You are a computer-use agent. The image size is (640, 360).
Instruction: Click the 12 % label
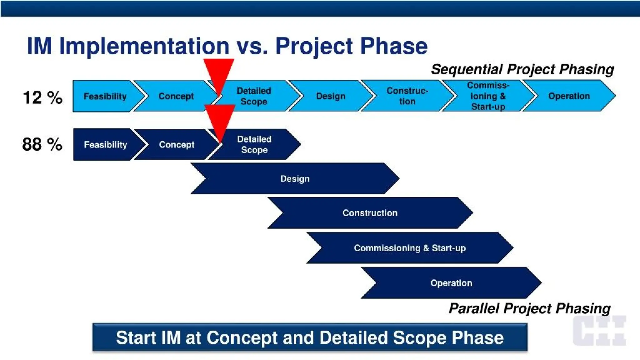[x=42, y=97]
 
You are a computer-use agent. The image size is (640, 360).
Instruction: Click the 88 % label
[x=42, y=144]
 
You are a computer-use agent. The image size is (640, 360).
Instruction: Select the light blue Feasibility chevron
[x=105, y=96]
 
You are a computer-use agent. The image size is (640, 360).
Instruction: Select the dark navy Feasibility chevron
[x=105, y=145]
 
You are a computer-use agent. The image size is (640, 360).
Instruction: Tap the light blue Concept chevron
[x=176, y=96]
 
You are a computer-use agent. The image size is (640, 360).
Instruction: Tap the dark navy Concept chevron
[x=177, y=145]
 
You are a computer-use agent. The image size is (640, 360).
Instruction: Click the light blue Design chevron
[x=331, y=96]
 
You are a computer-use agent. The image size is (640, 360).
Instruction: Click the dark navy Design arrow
[x=295, y=179]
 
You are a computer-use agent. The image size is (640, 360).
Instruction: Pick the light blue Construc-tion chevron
[x=407, y=96]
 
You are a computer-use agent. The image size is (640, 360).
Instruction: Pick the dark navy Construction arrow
[x=370, y=213]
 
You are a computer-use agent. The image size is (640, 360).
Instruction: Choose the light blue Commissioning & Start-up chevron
[x=488, y=96]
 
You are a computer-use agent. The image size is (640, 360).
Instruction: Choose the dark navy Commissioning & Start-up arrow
[x=410, y=248]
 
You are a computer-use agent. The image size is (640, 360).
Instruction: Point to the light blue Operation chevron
[x=569, y=96]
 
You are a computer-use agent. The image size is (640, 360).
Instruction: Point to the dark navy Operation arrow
[x=451, y=283]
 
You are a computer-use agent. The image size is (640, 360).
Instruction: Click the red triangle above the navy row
[x=220, y=118]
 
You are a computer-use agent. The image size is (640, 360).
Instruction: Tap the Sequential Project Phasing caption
[x=522, y=69]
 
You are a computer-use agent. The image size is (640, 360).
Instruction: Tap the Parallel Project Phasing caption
[x=529, y=308]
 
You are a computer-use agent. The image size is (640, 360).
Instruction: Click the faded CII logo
[x=599, y=331]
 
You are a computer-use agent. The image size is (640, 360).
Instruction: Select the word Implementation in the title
[x=144, y=46]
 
